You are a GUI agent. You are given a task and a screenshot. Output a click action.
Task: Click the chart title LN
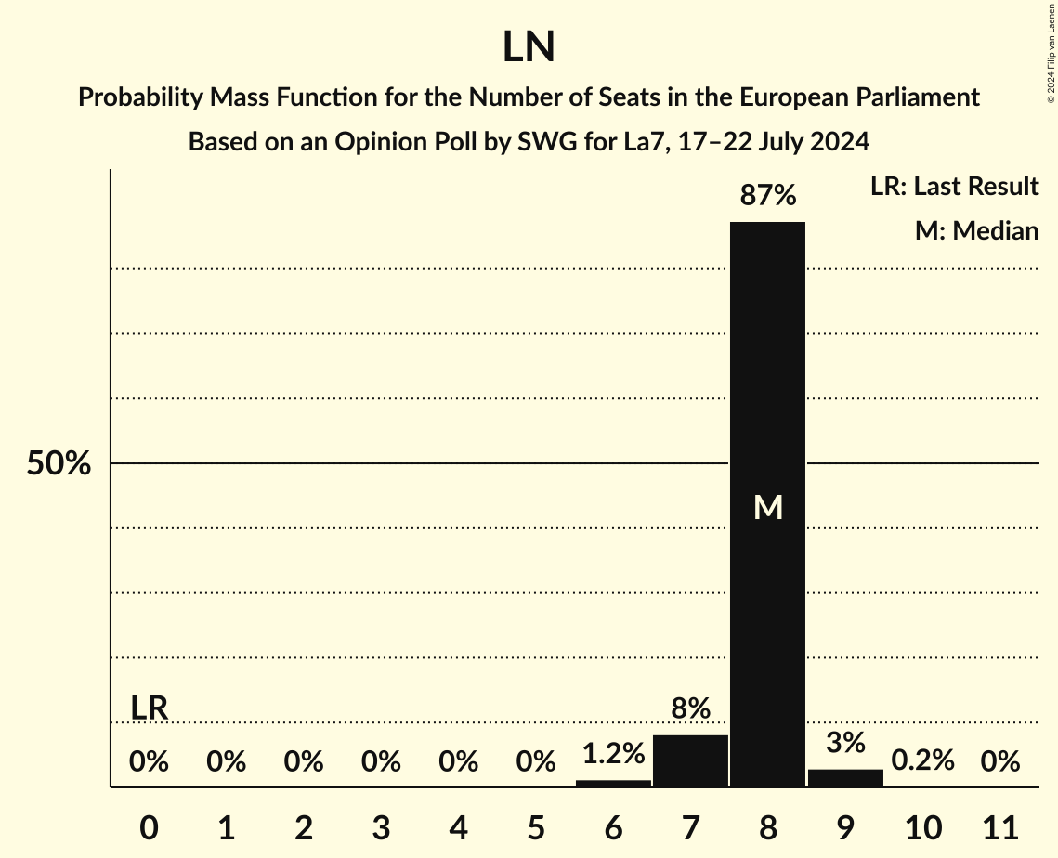(529, 47)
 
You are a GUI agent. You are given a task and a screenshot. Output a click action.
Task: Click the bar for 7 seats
(690, 761)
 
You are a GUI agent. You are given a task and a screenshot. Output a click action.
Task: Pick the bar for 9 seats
(845, 778)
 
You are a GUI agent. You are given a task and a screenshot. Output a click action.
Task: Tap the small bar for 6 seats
(613, 783)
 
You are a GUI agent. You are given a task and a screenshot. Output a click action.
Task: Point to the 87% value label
(768, 196)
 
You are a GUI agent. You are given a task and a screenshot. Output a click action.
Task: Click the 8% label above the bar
(690, 709)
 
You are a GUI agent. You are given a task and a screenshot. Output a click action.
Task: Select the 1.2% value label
(613, 754)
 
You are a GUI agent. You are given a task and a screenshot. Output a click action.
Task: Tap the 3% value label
(845, 743)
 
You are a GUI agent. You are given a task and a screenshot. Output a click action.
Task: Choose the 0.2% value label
(922, 760)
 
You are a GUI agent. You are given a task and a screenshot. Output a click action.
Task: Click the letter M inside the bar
(768, 507)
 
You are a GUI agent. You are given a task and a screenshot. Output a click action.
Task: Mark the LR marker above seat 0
(149, 708)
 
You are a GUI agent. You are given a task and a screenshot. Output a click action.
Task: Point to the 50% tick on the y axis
(59, 463)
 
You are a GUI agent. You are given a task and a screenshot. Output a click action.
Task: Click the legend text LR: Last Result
(954, 187)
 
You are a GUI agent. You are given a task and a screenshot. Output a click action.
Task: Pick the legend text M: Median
(976, 230)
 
